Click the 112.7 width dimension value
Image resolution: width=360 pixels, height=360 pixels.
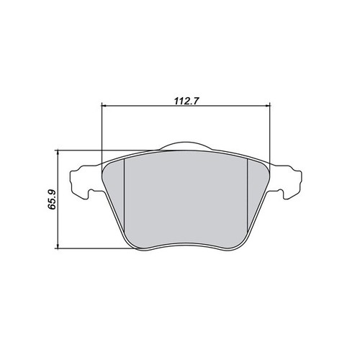pos(186,101)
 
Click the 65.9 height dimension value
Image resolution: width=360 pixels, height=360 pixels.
pos(52,199)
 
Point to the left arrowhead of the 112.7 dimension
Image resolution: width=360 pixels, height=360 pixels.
pos(104,105)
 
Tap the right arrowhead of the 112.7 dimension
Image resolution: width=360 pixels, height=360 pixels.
pos(268,105)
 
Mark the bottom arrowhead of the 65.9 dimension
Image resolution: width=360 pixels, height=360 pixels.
pos(58,246)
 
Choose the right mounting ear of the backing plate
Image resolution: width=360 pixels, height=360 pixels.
pos(286,182)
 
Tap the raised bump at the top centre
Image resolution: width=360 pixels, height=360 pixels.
pos(186,145)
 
